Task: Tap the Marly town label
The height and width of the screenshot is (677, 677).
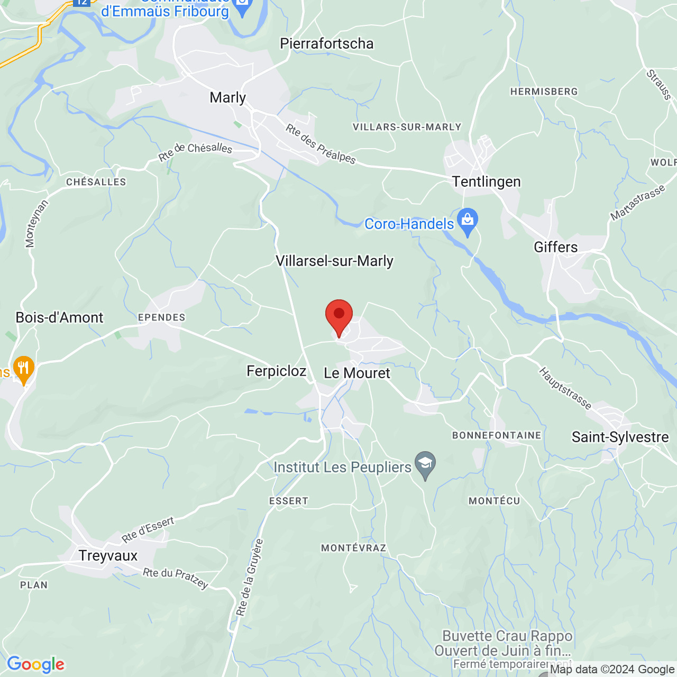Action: pyautogui.click(x=228, y=98)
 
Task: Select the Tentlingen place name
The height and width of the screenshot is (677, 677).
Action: pyautogui.click(x=487, y=182)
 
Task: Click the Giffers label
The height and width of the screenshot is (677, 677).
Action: pyautogui.click(x=556, y=247)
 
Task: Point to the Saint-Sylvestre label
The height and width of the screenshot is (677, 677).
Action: pyautogui.click(x=620, y=437)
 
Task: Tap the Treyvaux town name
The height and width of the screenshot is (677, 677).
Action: pyautogui.click(x=108, y=556)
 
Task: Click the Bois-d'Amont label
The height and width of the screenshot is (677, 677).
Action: pyautogui.click(x=60, y=317)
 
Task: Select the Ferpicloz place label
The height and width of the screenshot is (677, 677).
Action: pyautogui.click(x=277, y=371)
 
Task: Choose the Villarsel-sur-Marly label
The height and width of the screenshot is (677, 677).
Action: pyautogui.click(x=335, y=261)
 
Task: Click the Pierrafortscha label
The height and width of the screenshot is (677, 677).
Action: pyautogui.click(x=327, y=43)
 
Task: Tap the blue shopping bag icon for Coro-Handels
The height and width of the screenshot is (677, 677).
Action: pyautogui.click(x=468, y=222)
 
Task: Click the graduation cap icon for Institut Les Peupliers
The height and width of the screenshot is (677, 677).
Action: pyautogui.click(x=425, y=464)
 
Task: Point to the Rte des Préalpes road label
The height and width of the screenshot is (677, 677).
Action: pyautogui.click(x=321, y=143)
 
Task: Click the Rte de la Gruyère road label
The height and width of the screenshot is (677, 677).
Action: pyautogui.click(x=250, y=578)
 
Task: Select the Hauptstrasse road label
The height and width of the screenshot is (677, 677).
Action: pyautogui.click(x=565, y=388)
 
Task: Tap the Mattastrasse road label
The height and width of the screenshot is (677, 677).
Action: pyautogui.click(x=637, y=204)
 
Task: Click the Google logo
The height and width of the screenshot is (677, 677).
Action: pyautogui.click(x=36, y=664)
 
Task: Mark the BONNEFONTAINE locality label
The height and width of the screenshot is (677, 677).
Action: pyautogui.click(x=497, y=435)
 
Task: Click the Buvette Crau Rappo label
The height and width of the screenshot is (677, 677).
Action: pyautogui.click(x=507, y=636)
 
